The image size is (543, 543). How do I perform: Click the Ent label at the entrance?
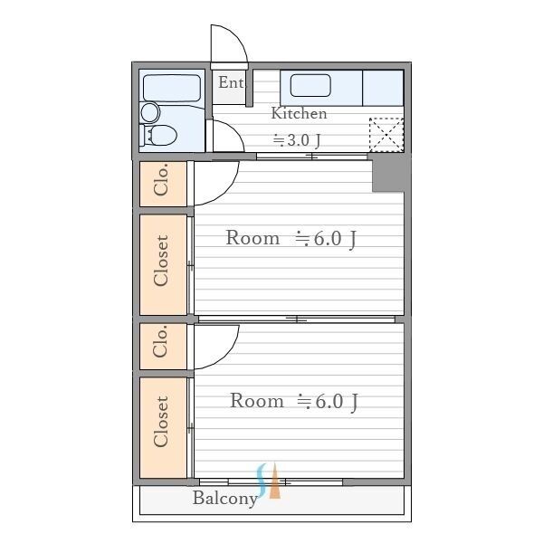click(x=231, y=83)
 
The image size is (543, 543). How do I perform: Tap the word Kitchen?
click(x=299, y=114)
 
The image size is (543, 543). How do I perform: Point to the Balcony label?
click(x=224, y=499)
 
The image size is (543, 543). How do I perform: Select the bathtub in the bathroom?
click(x=172, y=88)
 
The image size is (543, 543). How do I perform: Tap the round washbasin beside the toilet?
click(x=149, y=112)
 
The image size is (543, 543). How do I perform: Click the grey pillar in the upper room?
click(x=387, y=174)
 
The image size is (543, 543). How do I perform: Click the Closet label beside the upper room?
click(x=162, y=262)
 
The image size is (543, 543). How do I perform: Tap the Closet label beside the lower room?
click(x=162, y=422)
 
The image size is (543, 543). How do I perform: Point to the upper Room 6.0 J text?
click(x=291, y=239)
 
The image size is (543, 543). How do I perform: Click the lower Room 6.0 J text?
click(x=293, y=401)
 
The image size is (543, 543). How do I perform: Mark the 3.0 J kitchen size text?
click(x=299, y=140)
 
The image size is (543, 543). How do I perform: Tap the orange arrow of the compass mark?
click(x=275, y=486)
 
